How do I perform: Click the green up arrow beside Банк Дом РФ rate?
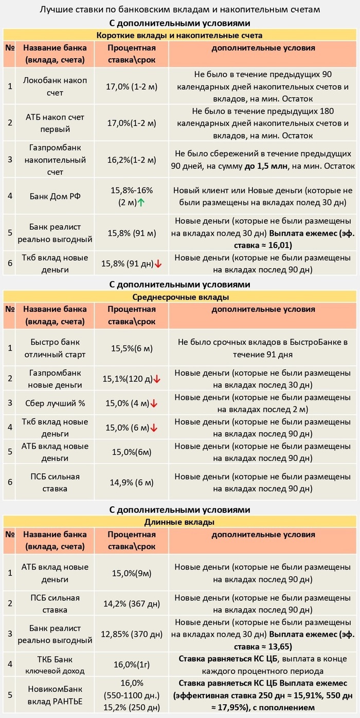pyautogui.click(x=140, y=202)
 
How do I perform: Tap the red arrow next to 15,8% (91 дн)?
pyautogui.click(x=158, y=264)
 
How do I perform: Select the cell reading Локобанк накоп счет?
pyautogui.click(x=56, y=86)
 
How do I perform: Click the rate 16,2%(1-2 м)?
pyautogui.click(x=131, y=160)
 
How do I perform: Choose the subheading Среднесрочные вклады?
pyautogui.click(x=181, y=297)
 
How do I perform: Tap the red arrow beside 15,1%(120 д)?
pyautogui.click(x=157, y=379)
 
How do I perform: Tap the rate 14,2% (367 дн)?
pyautogui.click(x=131, y=603)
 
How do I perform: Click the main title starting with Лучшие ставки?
pyautogui.click(x=179, y=10)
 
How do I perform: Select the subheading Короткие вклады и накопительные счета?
pyautogui.click(x=180, y=35)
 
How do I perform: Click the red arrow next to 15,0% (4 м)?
pyautogui.click(x=154, y=404)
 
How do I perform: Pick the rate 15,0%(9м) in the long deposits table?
pyautogui.click(x=131, y=573)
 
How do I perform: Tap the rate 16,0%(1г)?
pyautogui.click(x=131, y=665)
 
